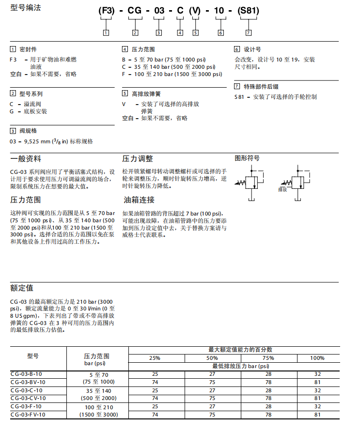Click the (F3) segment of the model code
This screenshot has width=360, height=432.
106,10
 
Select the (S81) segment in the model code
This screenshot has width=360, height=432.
249,10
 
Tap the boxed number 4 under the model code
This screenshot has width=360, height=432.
180,33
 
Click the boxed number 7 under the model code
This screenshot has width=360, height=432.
249,33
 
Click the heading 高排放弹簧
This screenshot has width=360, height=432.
146,93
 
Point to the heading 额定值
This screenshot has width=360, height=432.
22,288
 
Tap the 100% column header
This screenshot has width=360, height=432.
317,358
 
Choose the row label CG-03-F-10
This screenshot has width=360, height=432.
26,406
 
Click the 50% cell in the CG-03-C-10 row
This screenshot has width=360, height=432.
212,390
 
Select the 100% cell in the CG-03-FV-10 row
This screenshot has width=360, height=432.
317,415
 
